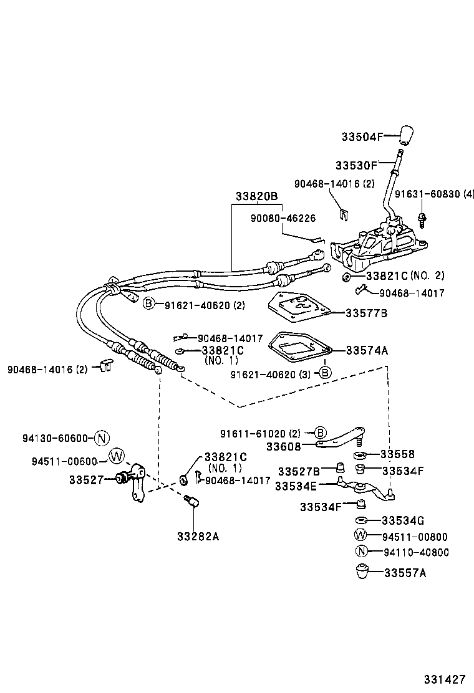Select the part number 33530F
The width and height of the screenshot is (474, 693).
click(356, 165)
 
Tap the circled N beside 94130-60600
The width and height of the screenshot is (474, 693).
click(103, 438)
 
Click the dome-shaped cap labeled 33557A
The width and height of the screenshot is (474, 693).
click(361, 571)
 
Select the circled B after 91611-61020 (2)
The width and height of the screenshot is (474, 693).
click(319, 433)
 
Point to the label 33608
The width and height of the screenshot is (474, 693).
click(284, 446)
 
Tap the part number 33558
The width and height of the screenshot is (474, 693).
click(397, 454)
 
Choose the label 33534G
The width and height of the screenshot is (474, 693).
click(402, 520)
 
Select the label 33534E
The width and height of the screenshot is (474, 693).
click(297, 486)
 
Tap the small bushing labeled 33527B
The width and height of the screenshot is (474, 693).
click(341, 467)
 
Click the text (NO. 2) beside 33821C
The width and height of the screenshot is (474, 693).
click(431, 275)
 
